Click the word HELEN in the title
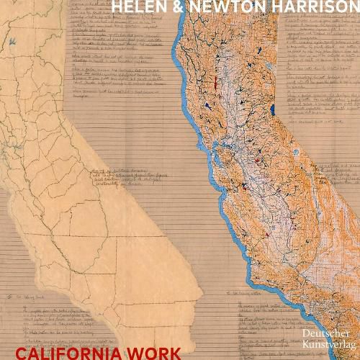tap(136, 8)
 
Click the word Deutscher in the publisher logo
tap(325, 334)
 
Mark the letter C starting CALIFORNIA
tap(20, 354)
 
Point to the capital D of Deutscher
tap(305, 334)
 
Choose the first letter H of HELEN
tap(117, 8)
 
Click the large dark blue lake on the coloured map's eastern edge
tap(273, 110)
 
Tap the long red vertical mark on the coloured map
tap(215, 82)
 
